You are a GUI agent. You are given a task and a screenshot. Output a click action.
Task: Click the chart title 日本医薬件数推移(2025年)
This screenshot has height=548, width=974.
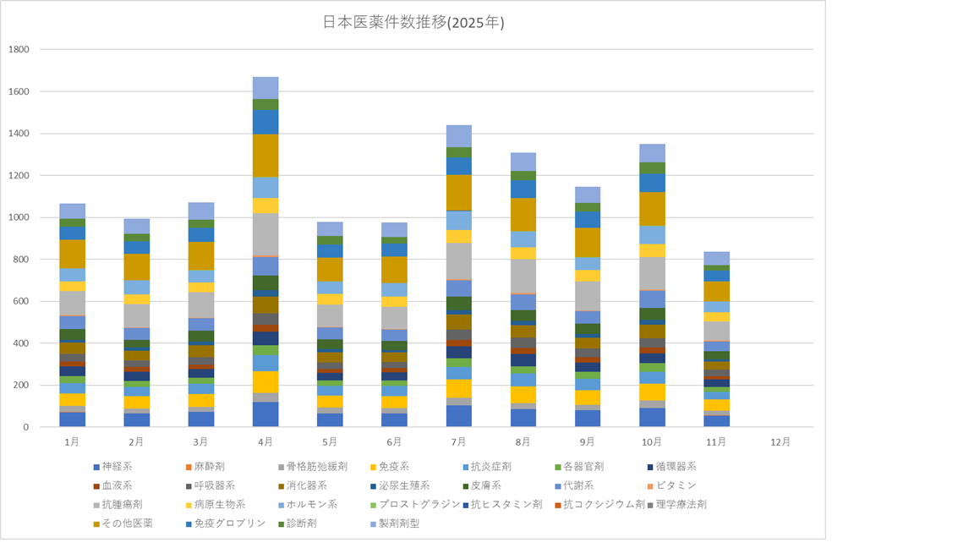pos(413,24)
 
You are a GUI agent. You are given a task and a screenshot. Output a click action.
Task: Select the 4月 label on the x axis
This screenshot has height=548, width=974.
pos(265,441)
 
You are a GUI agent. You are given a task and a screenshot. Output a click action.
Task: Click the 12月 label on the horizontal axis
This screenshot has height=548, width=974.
pos(780,441)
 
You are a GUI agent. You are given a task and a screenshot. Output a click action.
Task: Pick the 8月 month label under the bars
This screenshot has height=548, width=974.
pos(523,441)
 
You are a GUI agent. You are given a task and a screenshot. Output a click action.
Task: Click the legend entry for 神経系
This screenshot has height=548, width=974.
pos(117,466)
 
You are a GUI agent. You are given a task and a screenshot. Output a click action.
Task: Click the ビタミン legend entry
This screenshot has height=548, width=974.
pos(674,485)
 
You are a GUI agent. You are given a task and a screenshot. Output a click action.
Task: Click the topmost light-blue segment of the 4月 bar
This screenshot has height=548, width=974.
pos(265,88)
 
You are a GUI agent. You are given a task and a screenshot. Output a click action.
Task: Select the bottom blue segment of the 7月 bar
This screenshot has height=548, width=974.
pos(459,415)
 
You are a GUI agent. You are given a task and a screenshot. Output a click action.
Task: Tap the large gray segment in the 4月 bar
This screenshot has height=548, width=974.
pos(265,234)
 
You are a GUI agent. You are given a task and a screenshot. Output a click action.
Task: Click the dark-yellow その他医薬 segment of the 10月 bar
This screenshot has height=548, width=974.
pos(652,209)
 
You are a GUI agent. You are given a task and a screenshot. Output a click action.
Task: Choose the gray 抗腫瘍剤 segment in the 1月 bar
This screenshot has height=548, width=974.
pos(72,303)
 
